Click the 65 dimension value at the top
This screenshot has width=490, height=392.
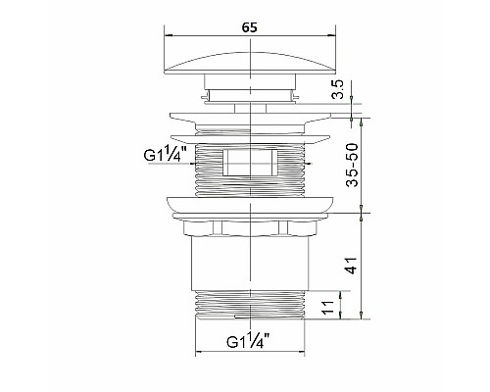coord(250,27)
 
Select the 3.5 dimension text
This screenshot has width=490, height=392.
coord(338,89)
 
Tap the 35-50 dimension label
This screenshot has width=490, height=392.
coord(352,165)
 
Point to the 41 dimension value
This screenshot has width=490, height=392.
coord(352,266)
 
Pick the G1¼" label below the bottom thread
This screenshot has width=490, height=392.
coord(248,341)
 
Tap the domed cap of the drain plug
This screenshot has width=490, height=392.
coord(250,64)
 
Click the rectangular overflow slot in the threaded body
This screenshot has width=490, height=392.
coord(250,163)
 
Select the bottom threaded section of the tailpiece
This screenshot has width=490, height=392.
coord(250,304)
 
